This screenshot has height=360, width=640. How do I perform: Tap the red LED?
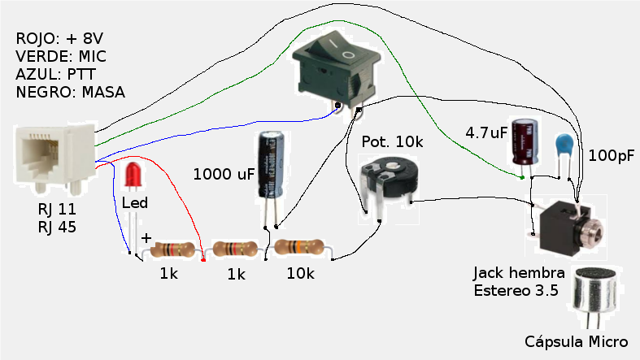click(133, 176)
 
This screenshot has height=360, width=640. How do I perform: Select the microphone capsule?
click(599, 292)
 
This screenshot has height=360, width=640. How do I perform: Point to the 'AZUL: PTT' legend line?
click(53, 74)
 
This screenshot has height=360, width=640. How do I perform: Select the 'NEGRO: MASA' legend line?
click(70, 92)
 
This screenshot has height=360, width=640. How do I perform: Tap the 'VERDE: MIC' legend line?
click(60, 57)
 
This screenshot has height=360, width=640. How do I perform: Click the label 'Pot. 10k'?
click(392, 141)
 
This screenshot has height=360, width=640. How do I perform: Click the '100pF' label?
click(611, 155)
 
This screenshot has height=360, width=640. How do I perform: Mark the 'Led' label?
click(134, 203)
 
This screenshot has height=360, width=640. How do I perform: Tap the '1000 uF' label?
click(224, 174)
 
